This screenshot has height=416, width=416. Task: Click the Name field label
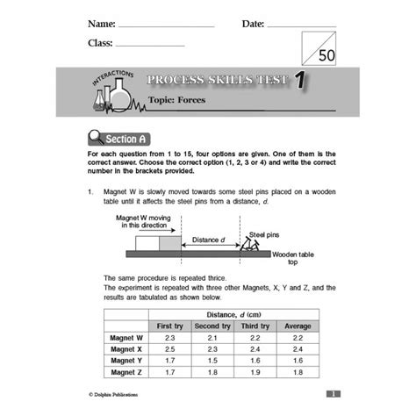[x=102, y=23]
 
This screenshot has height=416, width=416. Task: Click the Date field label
[x=253, y=23]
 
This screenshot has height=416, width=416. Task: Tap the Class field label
[x=101, y=42]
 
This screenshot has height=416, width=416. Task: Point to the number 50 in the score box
[x=326, y=55]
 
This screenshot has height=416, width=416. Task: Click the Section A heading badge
[x=119, y=139]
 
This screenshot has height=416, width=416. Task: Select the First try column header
[x=170, y=326]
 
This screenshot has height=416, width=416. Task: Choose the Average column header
[x=298, y=326]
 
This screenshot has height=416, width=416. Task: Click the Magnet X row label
[x=126, y=348]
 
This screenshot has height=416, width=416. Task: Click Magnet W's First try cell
[x=170, y=337]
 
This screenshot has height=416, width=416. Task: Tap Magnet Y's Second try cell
[x=212, y=360]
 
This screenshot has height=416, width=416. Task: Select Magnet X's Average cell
[x=298, y=348]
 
